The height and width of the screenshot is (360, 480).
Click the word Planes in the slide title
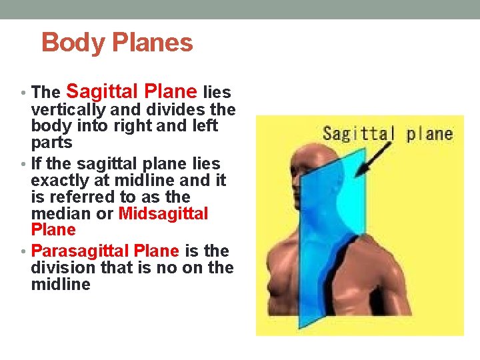tap(153, 43)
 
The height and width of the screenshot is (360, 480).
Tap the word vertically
tap(67, 109)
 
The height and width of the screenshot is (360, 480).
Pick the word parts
tap(51, 143)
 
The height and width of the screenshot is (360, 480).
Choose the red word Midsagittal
tap(163, 214)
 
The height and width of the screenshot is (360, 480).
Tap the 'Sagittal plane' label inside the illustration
tap(387, 133)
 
